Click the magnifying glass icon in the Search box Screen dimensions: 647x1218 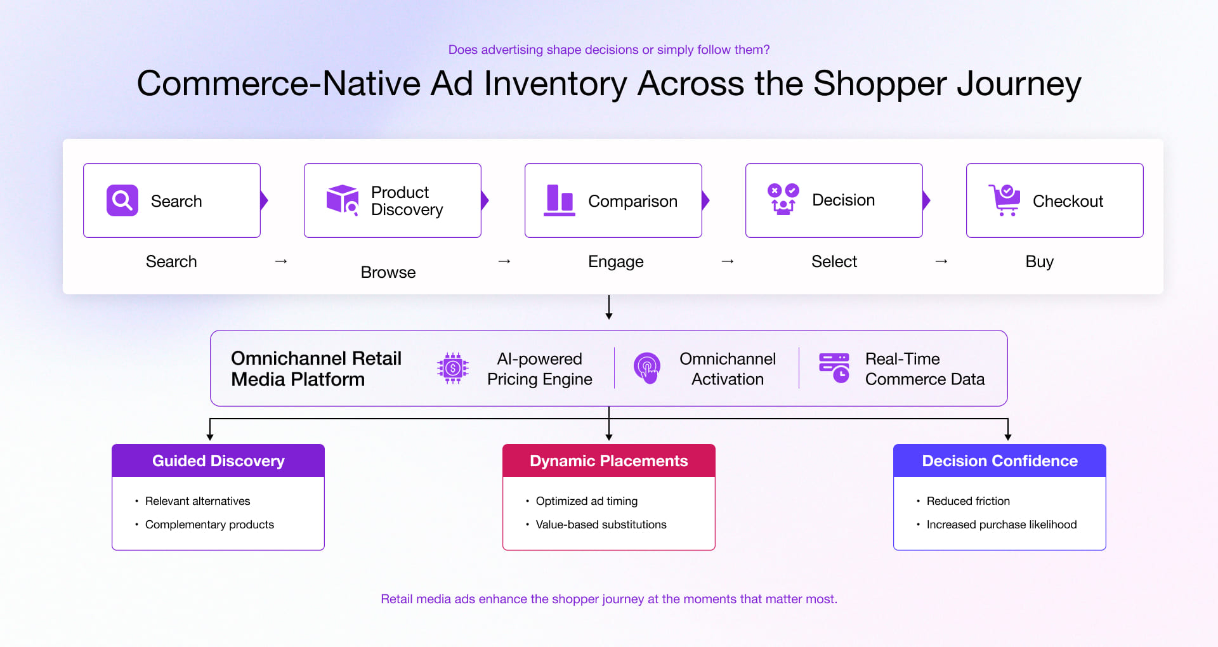[122, 200]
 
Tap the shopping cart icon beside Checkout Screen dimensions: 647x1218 [1004, 200]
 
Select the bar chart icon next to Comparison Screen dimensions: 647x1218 [560, 200]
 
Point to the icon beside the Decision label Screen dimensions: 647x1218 [783, 200]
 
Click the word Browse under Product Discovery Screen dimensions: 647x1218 [388, 272]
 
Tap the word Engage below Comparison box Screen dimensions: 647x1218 [615, 261]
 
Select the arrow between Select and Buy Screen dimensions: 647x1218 [941, 261]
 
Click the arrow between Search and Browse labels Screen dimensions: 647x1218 [281, 261]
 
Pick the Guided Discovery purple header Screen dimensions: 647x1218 [218, 461]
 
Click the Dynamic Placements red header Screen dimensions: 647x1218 [609, 461]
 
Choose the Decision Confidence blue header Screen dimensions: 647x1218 [1000, 461]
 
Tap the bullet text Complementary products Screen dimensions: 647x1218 [209, 525]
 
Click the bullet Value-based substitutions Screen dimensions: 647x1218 [601, 525]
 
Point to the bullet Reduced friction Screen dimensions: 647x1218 [968, 501]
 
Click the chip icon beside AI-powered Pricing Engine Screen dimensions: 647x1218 [453, 368]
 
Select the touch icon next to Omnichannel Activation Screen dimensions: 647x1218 [647, 368]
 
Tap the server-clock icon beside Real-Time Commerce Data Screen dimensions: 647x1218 [834, 368]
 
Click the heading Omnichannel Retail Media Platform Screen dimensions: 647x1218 [316, 369]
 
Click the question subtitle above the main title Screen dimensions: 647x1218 [609, 49]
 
